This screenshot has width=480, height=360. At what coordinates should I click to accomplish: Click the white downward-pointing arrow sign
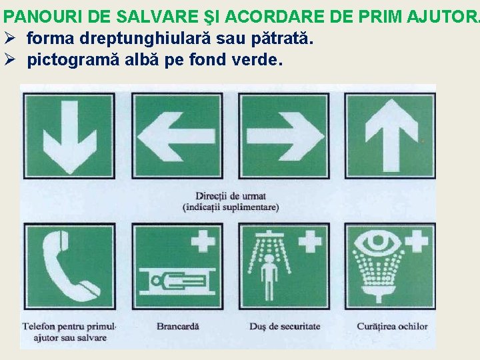tap(69, 136)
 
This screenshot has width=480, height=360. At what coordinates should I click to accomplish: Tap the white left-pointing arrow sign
tap(177, 136)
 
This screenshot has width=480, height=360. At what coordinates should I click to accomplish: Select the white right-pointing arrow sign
tap(283, 136)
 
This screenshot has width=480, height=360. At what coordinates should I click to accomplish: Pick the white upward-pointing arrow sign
tap(390, 136)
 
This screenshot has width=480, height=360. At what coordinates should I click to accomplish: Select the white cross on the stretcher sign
tap(203, 241)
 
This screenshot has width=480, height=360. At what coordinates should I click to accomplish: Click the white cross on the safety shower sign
tap(309, 241)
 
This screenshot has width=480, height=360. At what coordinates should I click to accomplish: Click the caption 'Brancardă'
tap(177, 327)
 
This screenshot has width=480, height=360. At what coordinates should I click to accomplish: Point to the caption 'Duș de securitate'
tap(285, 327)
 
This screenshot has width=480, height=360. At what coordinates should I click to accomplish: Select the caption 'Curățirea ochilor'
tap(391, 327)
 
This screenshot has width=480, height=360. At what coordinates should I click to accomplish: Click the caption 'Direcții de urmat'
tap(231, 196)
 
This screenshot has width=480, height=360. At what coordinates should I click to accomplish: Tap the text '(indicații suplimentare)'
tap(231, 207)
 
